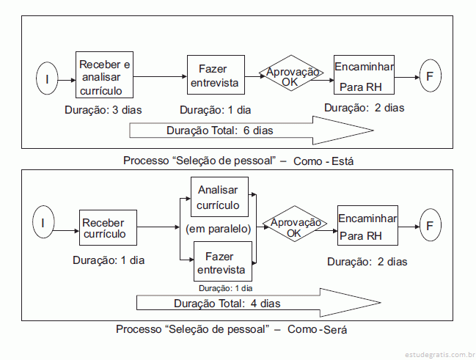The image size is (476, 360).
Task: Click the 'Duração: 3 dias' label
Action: [x=103, y=110]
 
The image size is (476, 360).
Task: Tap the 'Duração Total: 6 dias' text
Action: [x=220, y=131]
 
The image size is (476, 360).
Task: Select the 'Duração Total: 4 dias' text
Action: [x=227, y=304]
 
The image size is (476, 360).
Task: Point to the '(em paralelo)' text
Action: [x=219, y=229]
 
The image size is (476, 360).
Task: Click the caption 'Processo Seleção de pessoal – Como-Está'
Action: [x=238, y=161]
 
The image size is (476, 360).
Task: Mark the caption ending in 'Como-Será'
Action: [x=231, y=329]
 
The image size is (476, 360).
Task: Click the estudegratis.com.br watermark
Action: [x=440, y=355]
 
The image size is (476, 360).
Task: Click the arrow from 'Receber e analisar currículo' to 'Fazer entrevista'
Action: [x=160, y=76]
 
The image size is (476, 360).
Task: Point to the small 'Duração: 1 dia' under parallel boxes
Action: [x=226, y=288]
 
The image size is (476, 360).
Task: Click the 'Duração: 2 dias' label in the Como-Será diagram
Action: [x=367, y=262]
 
